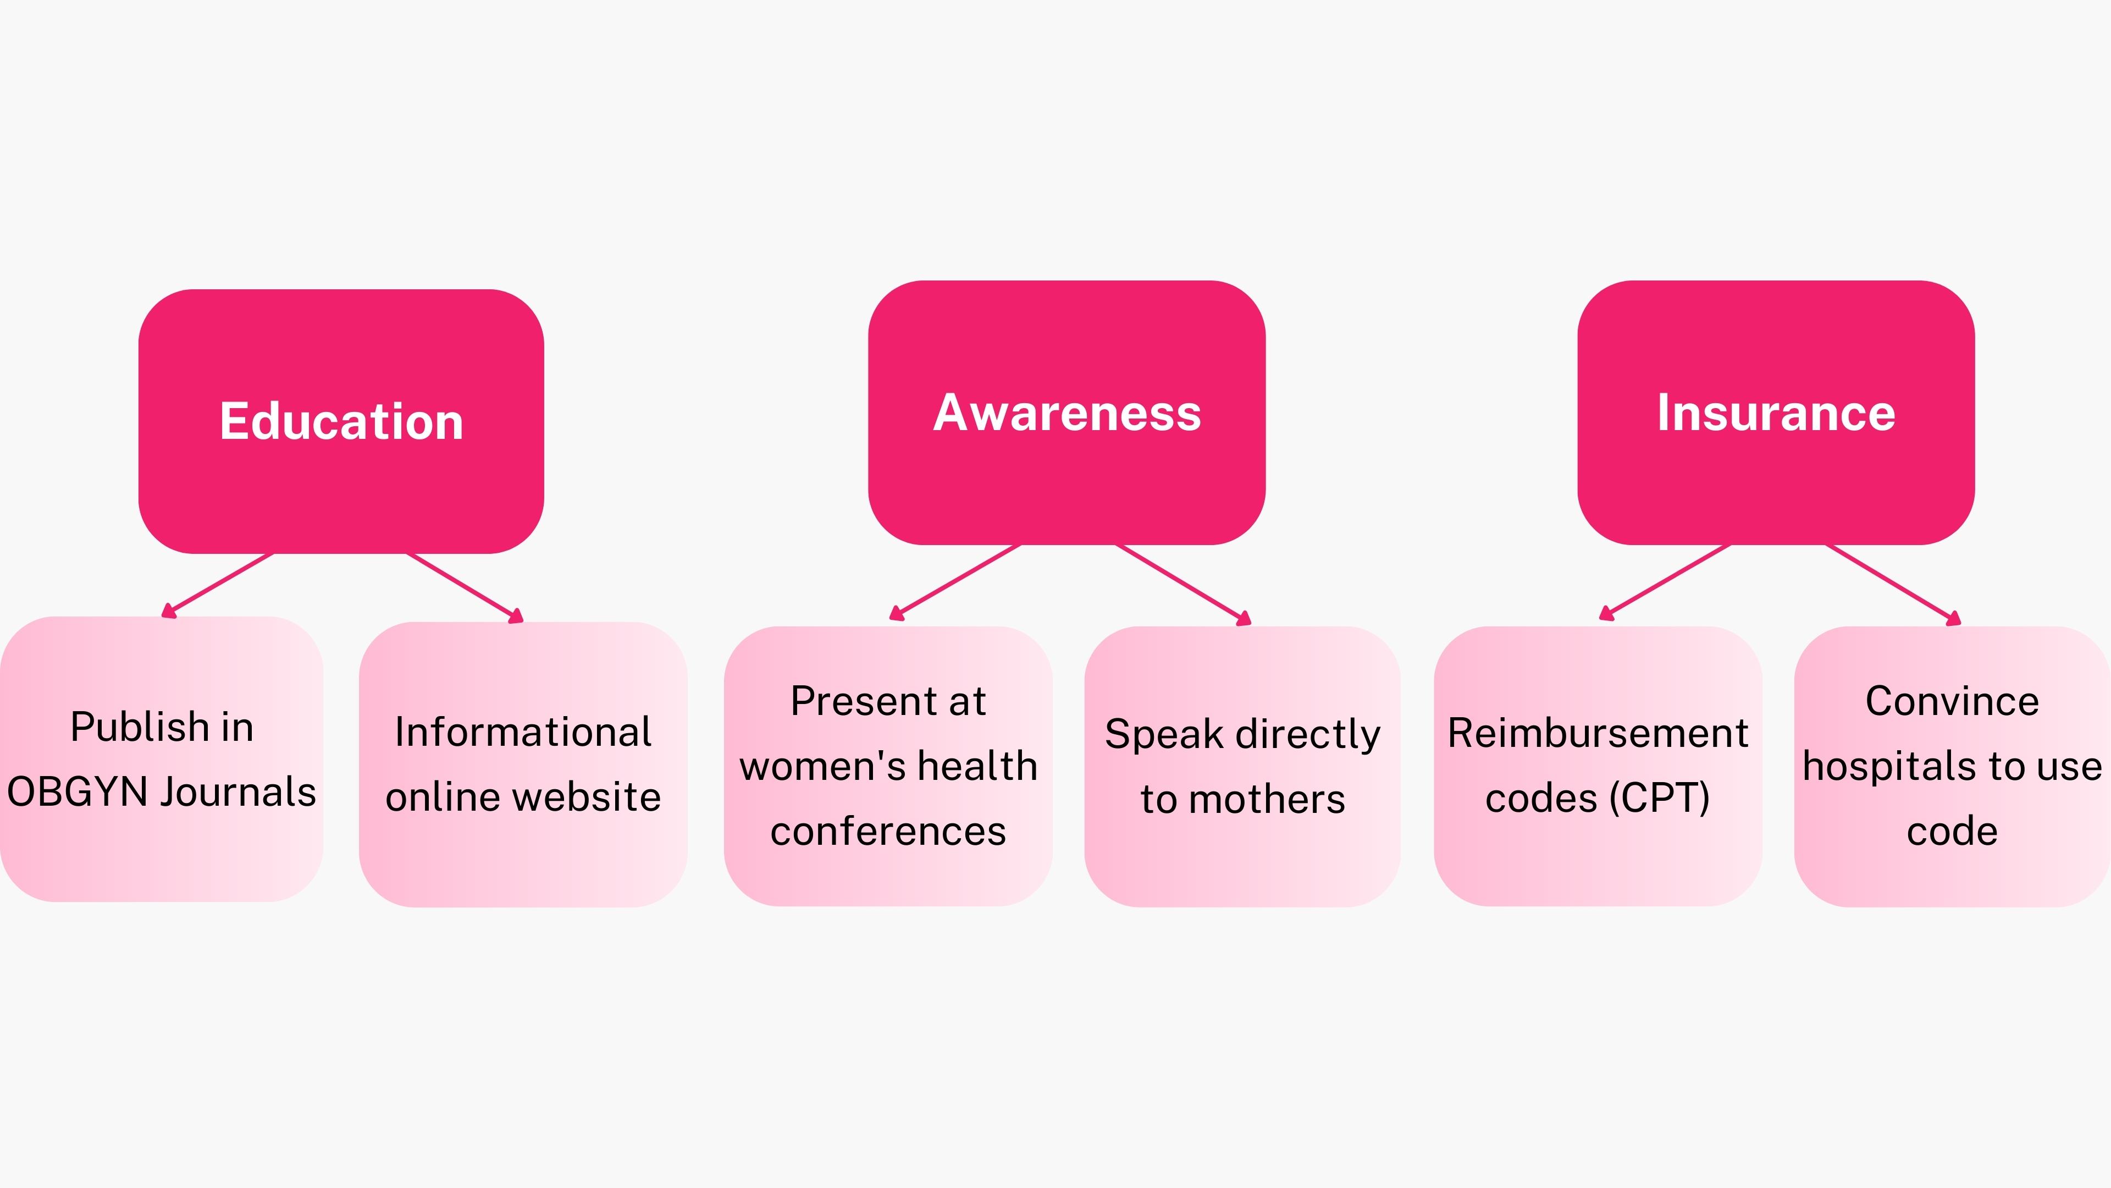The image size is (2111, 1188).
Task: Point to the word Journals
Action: (237, 792)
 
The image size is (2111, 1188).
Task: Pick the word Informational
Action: (523, 732)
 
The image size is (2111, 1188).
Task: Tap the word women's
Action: (822, 767)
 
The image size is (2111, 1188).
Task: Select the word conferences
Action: (888, 832)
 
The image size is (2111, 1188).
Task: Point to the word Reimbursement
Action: (1598, 733)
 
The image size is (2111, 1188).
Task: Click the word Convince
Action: (1952, 701)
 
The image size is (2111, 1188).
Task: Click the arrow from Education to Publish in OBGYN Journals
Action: (218, 585)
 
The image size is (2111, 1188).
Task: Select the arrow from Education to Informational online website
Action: (465, 587)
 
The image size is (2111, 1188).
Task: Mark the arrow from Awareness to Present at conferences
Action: (955, 581)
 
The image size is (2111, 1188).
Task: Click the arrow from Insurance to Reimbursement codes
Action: (1665, 581)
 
